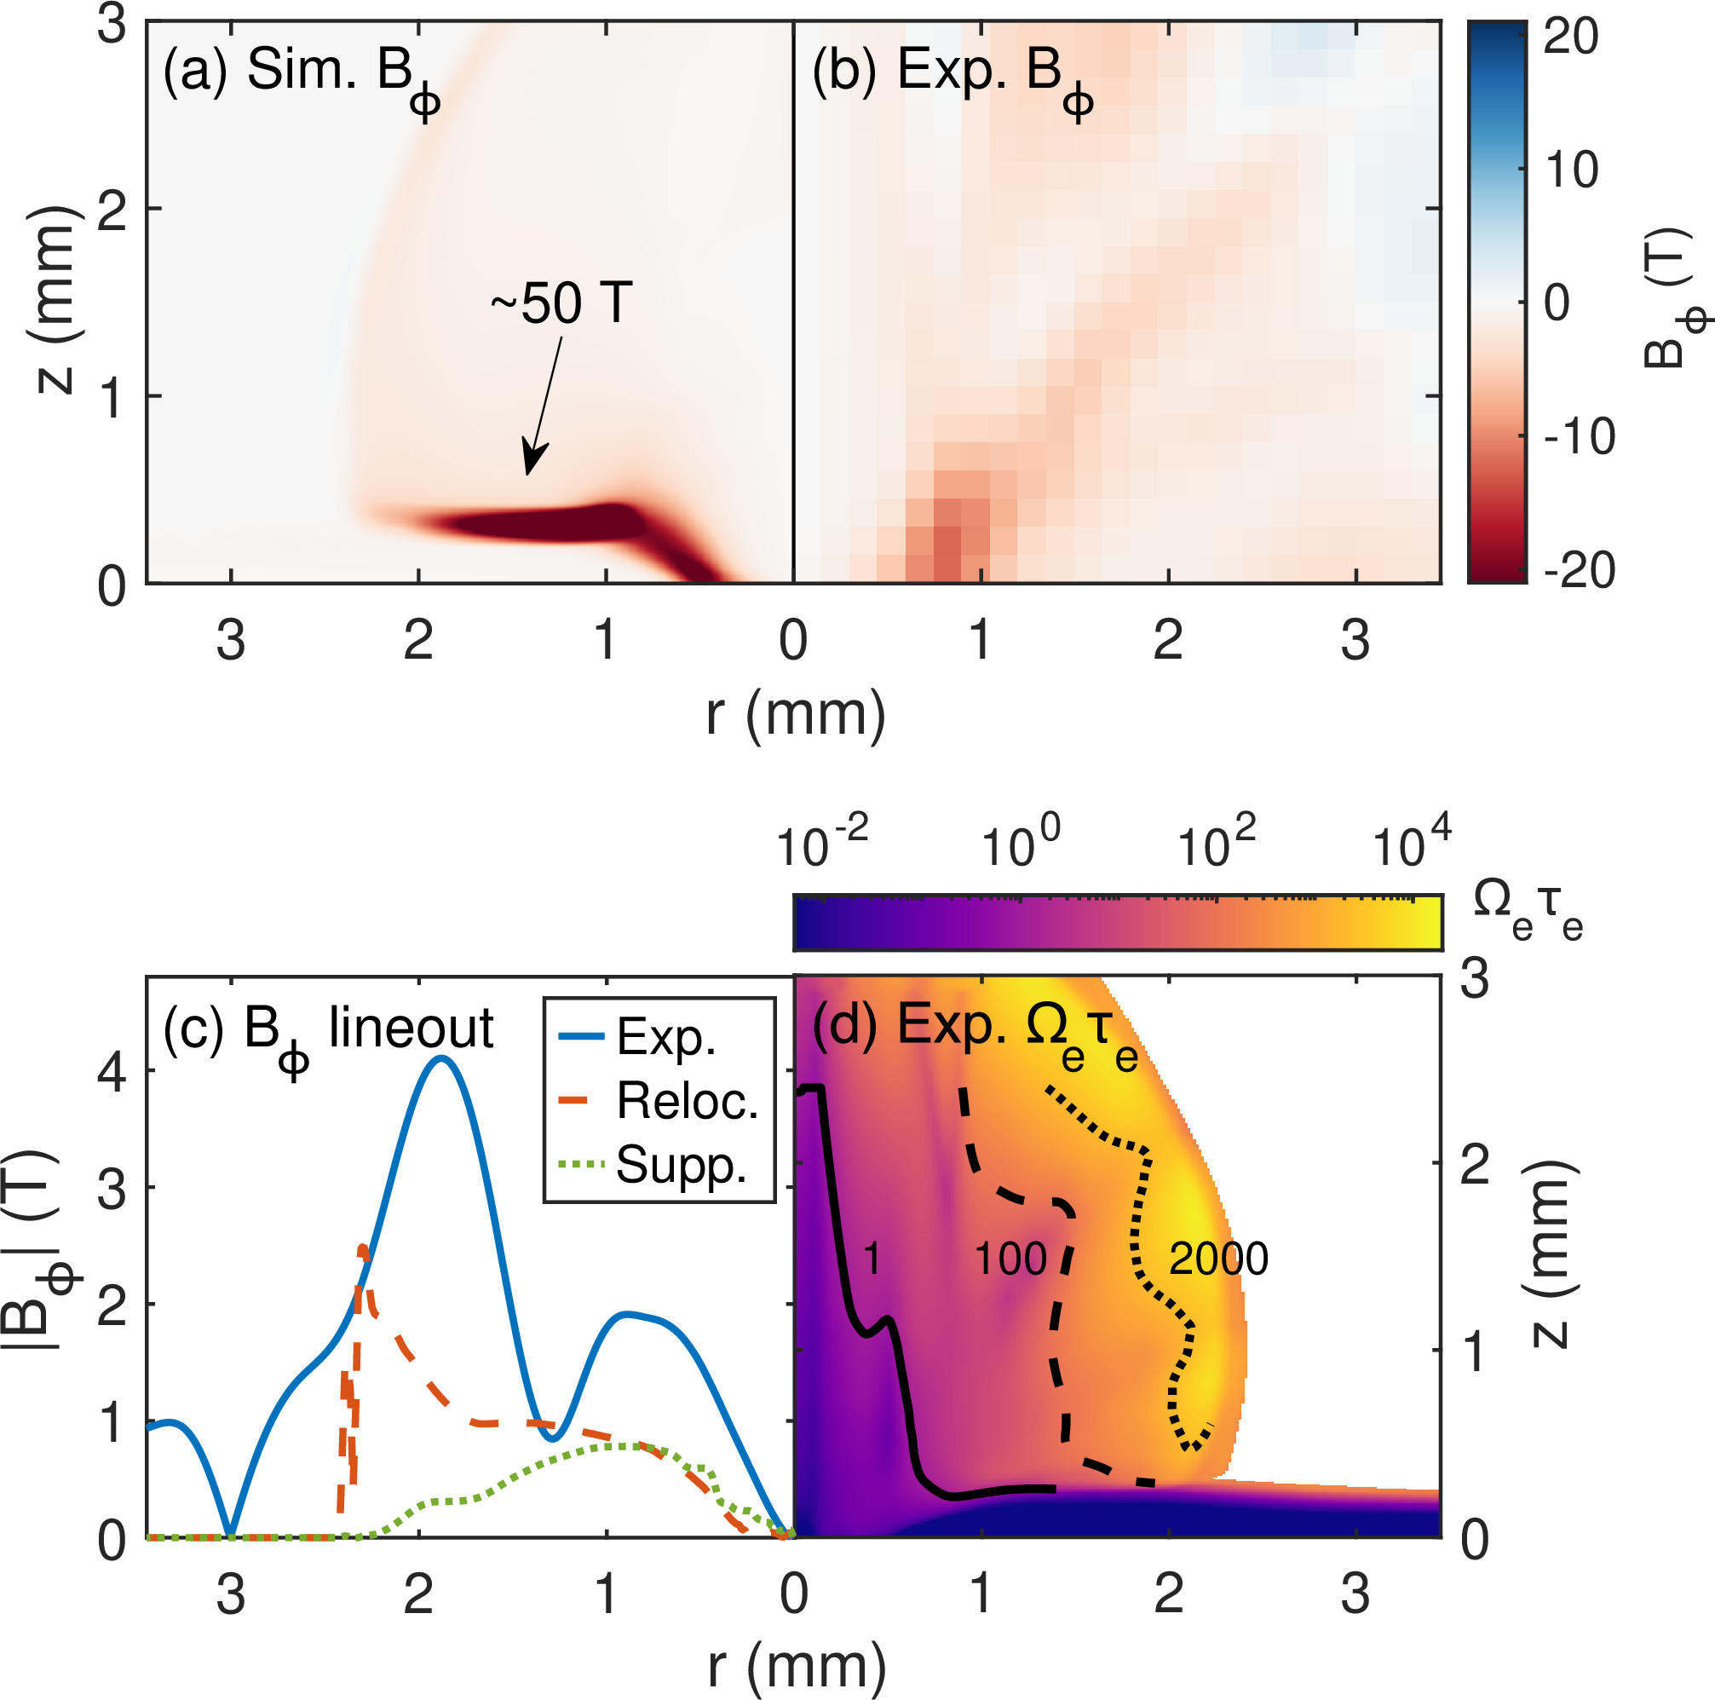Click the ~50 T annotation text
561,303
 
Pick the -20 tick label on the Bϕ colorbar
1580,570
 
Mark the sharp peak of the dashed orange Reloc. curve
362,1248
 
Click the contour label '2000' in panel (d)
1218,1259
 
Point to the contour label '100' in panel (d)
1010,1259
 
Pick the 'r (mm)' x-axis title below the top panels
796,715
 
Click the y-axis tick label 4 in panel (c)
112,1072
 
